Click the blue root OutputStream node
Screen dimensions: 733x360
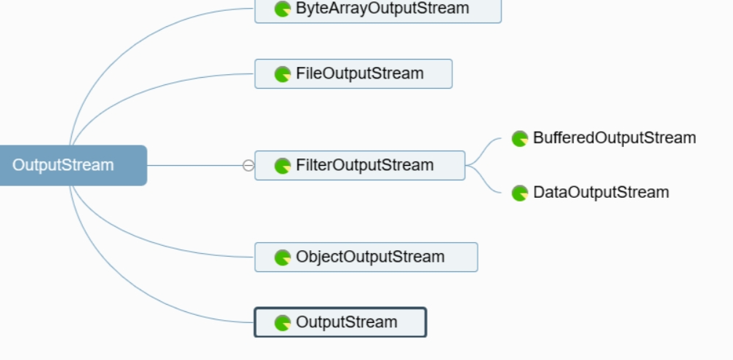[x=73, y=166]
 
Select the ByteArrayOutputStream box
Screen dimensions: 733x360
[x=377, y=10]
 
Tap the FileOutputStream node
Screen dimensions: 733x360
[x=353, y=74]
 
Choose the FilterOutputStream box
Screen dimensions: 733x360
[x=359, y=166]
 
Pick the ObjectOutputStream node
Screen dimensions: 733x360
[x=366, y=257]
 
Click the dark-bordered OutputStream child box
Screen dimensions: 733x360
[x=340, y=322]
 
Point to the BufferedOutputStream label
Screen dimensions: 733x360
[x=614, y=138]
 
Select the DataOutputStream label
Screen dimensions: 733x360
[x=601, y=193]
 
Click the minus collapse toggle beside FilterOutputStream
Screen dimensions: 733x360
[x=248, y=166]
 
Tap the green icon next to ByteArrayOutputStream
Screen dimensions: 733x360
[x=282, y=9]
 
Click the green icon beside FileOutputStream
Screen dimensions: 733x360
[x=282, y=74]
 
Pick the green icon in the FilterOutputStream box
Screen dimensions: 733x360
[x=282, y=166]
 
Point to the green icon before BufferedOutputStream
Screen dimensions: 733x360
[x=520, y=139]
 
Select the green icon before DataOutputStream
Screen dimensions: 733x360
[x=520, y=193]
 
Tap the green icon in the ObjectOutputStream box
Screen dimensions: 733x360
[x=282, y=257]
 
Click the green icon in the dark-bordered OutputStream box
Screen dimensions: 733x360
[x=282, y=323]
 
